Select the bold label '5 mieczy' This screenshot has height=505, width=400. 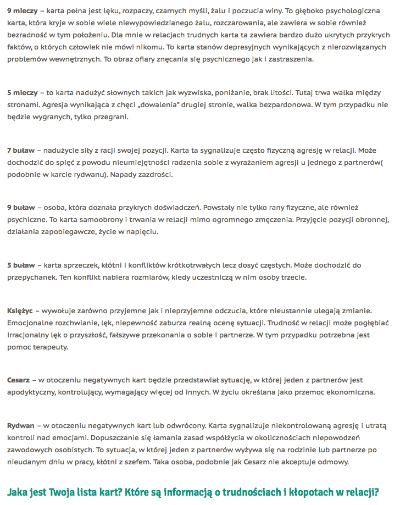(x=21, y=92)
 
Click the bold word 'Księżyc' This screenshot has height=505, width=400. (x=20, y=311)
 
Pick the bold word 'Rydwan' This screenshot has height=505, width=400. (x=21, y=426)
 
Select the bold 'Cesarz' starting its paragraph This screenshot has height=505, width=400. (x=19, y=380)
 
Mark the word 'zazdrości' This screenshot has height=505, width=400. (x=154, y=175)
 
